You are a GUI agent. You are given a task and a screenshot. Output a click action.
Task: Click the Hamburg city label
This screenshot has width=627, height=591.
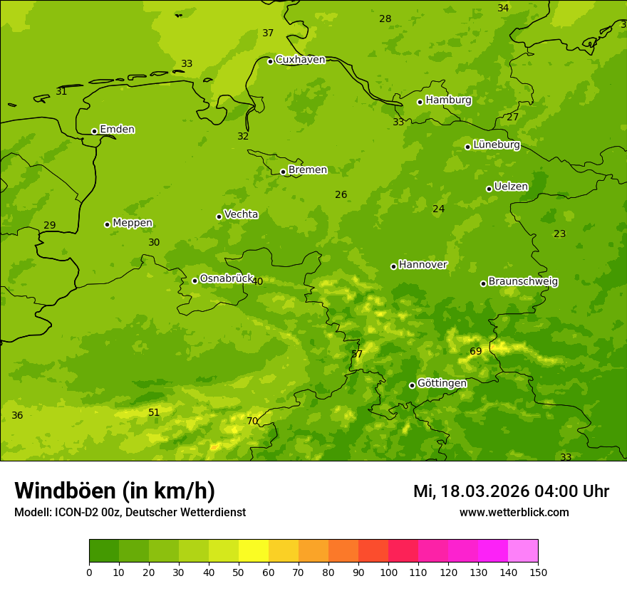coord(448,100)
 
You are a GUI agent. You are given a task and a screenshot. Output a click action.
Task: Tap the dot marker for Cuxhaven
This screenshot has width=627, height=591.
coord(270,61)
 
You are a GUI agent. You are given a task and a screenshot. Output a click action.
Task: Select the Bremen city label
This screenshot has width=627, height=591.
coord(307,170)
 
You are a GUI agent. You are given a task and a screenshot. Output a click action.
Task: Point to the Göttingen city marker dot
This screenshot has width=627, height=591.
coord(412,385)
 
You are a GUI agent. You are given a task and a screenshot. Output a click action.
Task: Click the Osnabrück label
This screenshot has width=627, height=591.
coord(226,279)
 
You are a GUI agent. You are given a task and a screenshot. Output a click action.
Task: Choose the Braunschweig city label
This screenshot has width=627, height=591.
coord(523,282)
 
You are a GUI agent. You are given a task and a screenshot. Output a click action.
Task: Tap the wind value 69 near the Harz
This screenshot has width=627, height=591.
coord(476,352)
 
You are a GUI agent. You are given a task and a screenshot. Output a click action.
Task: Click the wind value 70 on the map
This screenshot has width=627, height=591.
coord(252,422)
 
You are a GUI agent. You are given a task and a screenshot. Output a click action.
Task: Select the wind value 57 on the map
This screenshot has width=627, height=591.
coord(357,355)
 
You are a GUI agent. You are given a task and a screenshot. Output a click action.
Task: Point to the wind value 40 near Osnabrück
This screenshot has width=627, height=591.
coord(257,282)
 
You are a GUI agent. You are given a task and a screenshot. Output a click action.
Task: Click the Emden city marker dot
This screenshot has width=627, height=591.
coord(94,131)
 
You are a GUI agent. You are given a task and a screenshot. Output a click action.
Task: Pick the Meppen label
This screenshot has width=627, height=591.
coord(132,223)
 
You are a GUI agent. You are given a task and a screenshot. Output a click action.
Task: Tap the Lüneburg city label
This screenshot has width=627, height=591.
coord(496,145)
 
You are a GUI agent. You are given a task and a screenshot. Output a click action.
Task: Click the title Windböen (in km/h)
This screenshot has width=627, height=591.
coord(115,491)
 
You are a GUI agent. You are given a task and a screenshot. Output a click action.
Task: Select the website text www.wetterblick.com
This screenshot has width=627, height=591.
coord(514,513)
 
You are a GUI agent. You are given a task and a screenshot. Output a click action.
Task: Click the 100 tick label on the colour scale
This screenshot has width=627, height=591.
coord(388,572)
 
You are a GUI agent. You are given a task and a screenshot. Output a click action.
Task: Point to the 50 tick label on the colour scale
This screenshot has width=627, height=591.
coord(239,572)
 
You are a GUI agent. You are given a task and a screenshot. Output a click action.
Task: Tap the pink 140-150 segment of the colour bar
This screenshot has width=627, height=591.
coord(523,551)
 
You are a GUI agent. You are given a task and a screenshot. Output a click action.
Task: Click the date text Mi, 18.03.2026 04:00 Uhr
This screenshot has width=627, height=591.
coord(511,491)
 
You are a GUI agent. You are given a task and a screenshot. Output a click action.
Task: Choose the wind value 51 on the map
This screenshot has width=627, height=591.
coord(154,413)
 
